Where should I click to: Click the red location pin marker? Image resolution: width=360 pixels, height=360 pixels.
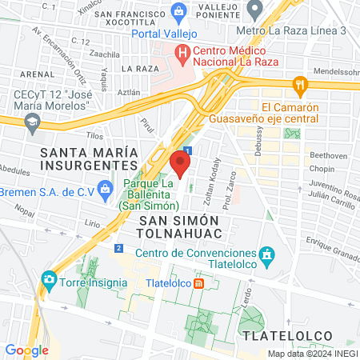click(180, 164)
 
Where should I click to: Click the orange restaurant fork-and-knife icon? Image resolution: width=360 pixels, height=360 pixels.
click(301, 85)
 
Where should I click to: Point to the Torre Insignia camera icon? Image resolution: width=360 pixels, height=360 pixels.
click(50, 280)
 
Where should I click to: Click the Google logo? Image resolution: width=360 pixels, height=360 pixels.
click(26, 350)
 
